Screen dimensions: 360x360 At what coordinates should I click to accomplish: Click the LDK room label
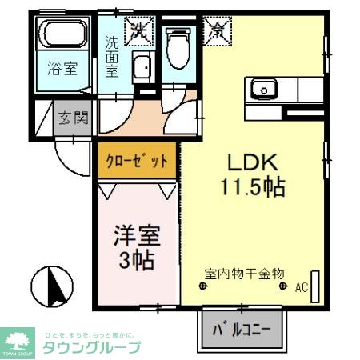pos(253,162)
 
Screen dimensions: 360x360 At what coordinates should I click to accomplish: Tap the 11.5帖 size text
pos(253,188)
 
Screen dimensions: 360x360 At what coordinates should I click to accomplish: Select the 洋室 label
pos(135,236)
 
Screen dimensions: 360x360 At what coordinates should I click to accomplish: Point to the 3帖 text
pos(135,260)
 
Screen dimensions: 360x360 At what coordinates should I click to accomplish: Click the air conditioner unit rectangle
pos(314,285)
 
